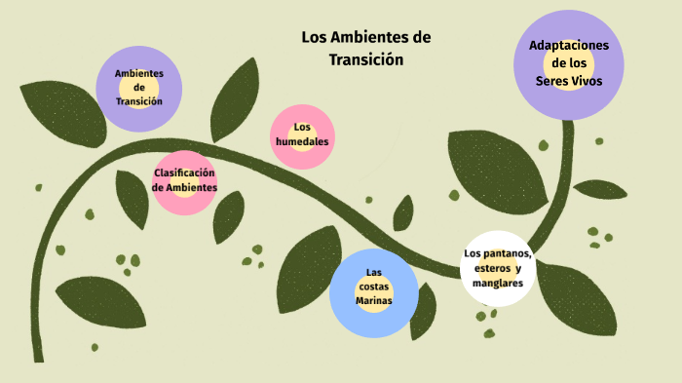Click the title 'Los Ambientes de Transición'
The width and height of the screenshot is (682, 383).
365,48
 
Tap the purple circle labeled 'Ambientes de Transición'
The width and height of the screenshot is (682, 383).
138,88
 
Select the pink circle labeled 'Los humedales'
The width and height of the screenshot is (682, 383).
302,135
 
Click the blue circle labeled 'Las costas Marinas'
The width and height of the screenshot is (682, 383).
373,289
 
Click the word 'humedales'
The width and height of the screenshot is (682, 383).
302,142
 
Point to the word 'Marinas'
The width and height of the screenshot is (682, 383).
373,301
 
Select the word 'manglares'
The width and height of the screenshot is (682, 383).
498,284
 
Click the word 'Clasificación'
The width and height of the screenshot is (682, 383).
184,172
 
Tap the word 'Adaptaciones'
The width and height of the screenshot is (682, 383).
568,46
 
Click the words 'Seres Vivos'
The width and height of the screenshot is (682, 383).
568,81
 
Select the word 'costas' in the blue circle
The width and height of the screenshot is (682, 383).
373,287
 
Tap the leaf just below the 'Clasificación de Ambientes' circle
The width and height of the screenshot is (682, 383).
229,214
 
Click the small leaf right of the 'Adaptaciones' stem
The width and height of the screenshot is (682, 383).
600,189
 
